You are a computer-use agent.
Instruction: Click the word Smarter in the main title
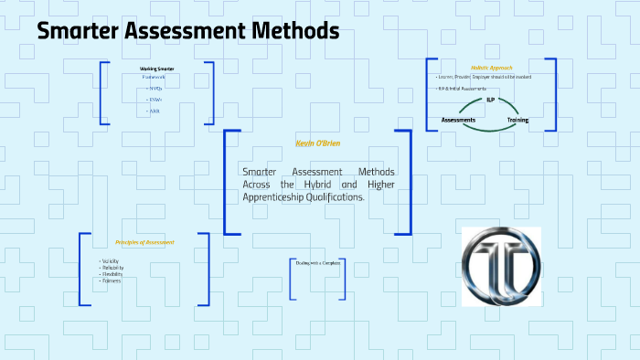80,31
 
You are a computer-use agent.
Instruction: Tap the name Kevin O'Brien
317,143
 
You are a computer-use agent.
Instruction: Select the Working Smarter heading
156,69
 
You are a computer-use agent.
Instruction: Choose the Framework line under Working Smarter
154,78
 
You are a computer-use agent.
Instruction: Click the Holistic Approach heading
491,68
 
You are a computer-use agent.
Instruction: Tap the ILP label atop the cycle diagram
491,99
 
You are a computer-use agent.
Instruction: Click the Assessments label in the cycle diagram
458,120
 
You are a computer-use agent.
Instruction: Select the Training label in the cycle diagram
517,120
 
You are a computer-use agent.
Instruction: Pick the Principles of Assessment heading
144,242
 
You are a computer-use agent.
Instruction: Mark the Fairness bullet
112,281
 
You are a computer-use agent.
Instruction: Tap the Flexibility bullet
112,274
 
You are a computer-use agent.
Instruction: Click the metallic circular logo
500,265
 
